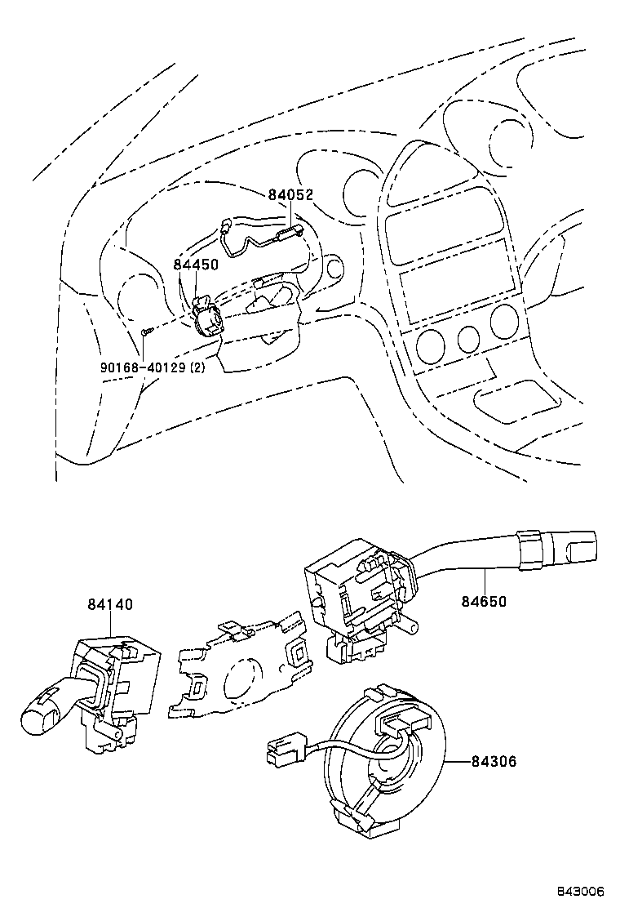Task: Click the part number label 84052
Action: (290, 195)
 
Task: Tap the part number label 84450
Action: (196, 265)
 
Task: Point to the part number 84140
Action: (110, 604)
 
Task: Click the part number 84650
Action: (484, 601)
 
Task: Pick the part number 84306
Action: (494, 761)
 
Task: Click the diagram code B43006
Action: (581, 891)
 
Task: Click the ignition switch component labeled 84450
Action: (207, 318)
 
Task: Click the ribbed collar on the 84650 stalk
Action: (529, 546)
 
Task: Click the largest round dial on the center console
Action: (503, 323)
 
